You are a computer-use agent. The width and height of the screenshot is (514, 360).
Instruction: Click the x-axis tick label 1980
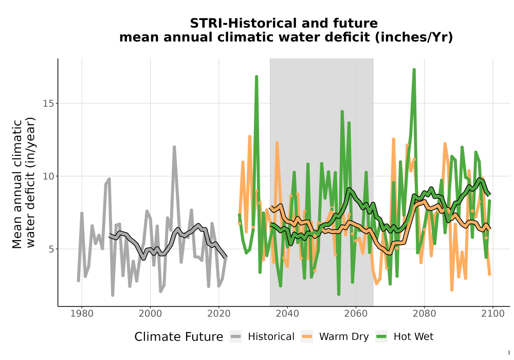tap(82, 314)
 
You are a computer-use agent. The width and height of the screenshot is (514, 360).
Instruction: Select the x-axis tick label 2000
tap(150, 314)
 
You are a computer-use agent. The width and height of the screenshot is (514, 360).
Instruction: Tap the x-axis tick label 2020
tap(218, 314)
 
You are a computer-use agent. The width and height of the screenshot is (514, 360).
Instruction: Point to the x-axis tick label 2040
tap(287, 314)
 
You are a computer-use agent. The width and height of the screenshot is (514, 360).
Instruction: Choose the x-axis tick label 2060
tap(356, 314)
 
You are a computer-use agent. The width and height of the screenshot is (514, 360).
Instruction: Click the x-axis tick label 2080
tap(424, 314)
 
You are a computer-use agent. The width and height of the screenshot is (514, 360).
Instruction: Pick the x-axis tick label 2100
tap(493, 314)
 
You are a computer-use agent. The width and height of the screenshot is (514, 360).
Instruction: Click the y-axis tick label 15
tap(48, 103)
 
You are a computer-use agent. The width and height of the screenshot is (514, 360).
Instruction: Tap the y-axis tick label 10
tap(48, 176)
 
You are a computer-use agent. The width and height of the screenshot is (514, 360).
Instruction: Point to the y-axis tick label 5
tap(51, 249)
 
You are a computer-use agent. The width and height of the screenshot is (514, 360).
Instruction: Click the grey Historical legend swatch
tap(236, 336)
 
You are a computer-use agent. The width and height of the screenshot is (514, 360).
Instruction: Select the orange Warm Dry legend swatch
tap(307, 336)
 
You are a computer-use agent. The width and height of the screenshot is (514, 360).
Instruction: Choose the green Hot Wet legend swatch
tap(381, 336)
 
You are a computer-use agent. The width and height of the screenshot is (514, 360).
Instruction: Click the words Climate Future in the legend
tap(179, 337)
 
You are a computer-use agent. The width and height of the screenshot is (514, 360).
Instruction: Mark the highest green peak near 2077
tap(414, 70)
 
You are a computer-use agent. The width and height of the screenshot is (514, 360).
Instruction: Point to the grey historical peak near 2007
tap(174, 147)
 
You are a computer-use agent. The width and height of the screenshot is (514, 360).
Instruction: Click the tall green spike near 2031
tap(256, 77)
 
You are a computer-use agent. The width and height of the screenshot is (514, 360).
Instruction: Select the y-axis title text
tap(23, 183)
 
